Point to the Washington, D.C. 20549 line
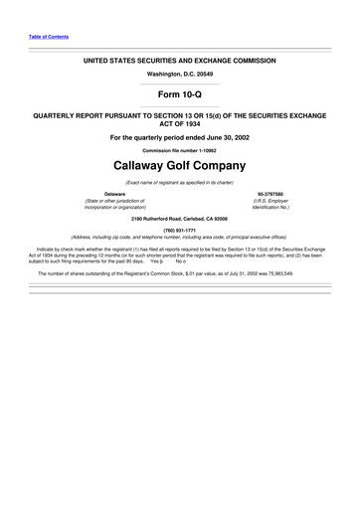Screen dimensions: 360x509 pyautogui.click(x=179, y=74)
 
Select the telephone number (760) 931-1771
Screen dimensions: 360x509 pyautogui.click(x=179, y=230)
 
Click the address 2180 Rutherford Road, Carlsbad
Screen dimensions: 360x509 pyautogui.click(x=179, y=215)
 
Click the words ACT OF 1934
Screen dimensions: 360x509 pyautogui.click(x=179, y=124)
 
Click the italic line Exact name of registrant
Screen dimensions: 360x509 pyautogui.click(x=179, y=184)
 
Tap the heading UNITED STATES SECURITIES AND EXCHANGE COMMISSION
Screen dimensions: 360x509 pyautogui.click(x=179, y=60)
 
